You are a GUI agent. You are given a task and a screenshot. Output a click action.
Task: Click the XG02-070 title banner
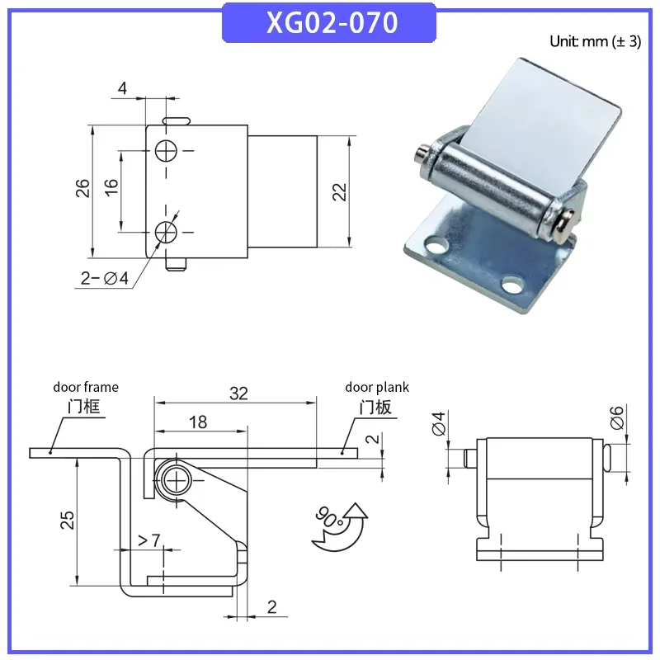pyautogui.click(x=329, y=23)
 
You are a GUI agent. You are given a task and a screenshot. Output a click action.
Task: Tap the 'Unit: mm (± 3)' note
pyautogui.click(x=595, y=41)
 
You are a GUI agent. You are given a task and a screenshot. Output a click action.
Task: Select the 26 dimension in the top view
pyautogui.click(x=82, y=188)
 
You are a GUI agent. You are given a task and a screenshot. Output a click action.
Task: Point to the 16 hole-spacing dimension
pyautogui.click(x=111, y=187)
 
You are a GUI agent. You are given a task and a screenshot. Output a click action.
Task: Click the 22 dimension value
pyautogui.click(x=339, y=192)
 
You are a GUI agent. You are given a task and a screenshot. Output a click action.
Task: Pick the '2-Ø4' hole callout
pyautogui.click(x=105, y=278)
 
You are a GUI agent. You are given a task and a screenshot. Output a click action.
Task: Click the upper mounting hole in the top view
pyautogui.click(x=166, y=151)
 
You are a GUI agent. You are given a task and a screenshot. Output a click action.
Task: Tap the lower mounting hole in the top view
pyautogui.click(x=166, y=232)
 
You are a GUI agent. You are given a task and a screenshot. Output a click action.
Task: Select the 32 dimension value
pyautogui.click(x=238, y=394)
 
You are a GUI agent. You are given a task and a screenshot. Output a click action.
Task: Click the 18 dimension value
pyautogui.click(x=198, y=422)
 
